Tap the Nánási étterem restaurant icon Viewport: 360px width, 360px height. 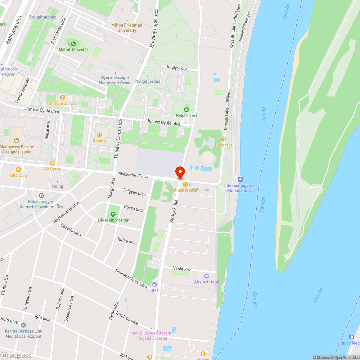(x=185, y=184)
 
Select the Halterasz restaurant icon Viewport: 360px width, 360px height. (x=224, y=139)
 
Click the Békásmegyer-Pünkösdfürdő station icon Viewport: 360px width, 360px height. (x=240, y=179)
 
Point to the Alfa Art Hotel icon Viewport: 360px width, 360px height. (x=206, y=276)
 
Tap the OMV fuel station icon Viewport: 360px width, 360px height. (x=154, y=284)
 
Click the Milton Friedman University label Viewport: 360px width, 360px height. (x=127, y=27)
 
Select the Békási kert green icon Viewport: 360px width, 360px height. (x=186, y=109)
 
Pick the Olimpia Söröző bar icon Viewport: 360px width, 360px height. (x=63, y=97)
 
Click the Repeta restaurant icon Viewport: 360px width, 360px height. (x=99, y=135)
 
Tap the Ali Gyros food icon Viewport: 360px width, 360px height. (x=53, y=163)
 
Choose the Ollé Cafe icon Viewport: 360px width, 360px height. (x=18, y=170)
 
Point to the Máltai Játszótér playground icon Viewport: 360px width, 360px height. (x=73, y=44)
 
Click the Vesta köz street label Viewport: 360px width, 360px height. (x=182, y=269)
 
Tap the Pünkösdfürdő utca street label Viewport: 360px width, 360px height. (x=133, y=176)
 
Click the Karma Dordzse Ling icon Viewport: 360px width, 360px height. (x=24, y=325)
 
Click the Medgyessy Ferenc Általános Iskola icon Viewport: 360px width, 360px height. (x=16, y=141)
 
